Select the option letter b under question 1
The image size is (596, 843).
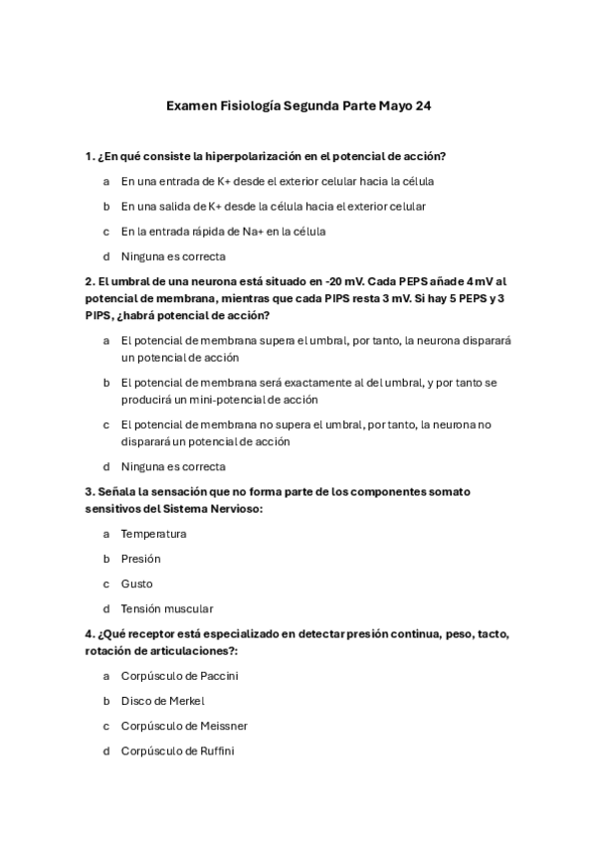click(106, 206)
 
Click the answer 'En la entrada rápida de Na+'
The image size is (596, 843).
click(223, 231)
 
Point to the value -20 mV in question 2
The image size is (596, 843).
click(331, 280)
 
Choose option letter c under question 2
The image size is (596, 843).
click(106, 424)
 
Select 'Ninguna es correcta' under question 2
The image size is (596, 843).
click(173, 465)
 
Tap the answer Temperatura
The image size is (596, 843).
click(153, 533)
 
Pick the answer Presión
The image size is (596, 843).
click(140, 559)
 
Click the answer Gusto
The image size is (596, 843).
click(137, 584)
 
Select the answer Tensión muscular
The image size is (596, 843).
click(167, 608)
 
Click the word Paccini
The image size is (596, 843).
click(218, 676)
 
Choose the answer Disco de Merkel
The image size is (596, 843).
click(162, 701)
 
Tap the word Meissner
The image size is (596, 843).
click(224, 726)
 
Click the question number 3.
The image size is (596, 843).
click(90, 491)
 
